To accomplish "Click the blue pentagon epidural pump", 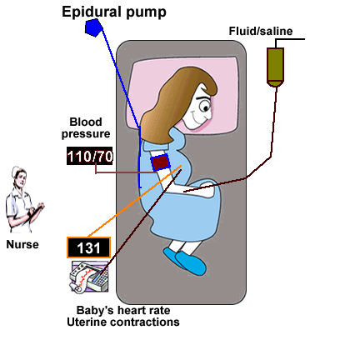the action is click(93, 27).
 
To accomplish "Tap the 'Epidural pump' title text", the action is click(114, 12).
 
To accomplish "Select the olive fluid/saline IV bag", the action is click(275, 67).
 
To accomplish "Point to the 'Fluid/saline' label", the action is click(261, 31).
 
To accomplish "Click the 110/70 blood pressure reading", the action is click(90, 156).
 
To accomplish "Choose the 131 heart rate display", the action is click(88, 247).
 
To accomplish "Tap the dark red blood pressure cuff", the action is click(160, 162).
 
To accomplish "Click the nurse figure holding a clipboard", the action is click(23, 200).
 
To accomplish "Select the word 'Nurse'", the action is click(22, 244).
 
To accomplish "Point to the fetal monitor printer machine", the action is click(89, 277).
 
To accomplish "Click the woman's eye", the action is click(205, 106).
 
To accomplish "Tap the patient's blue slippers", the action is click(185, 261).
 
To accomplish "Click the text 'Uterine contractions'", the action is click(123, 322).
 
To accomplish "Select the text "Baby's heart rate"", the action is click(123, 310).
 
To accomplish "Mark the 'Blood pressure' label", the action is click(86, 127).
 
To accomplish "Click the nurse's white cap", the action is click(17, 171).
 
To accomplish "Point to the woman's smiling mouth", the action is click(200, 119).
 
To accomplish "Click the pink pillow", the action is click(183, 93).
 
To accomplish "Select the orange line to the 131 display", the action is click(134, 202).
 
